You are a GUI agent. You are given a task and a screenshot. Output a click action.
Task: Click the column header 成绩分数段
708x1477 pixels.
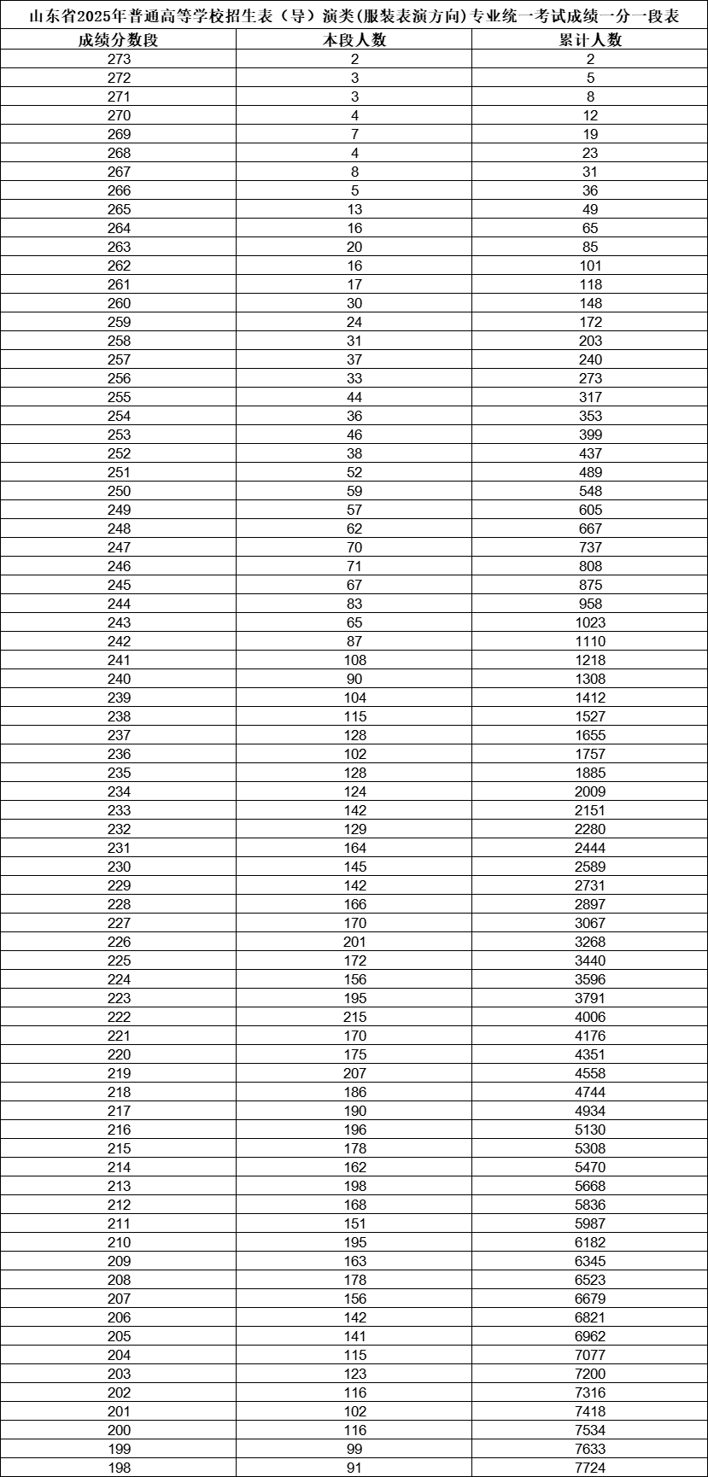click(x=119, y=40)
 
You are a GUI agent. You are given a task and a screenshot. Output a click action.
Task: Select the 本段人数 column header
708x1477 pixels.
click(x=354, y=40)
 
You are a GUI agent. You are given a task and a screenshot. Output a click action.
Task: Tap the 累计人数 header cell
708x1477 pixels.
click(x=590, y=40)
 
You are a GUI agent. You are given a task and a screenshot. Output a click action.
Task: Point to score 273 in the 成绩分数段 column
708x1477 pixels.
click(x=120, y=59)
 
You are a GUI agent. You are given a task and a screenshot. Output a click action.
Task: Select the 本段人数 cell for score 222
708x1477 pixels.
click(x=354, y=1017)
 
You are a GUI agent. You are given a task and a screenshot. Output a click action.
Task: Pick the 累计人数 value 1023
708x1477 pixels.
click(x=590, y=622)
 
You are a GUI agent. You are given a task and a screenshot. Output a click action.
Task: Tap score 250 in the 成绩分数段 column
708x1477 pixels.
click(x=120, y=491)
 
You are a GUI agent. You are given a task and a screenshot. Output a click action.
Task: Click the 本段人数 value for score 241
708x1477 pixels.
click(x=354, y=660)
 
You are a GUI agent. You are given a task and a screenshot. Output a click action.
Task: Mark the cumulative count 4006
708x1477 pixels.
click(x=590, y=1017)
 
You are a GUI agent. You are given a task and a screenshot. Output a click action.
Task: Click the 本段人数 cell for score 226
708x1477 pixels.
click(x=354, y=942)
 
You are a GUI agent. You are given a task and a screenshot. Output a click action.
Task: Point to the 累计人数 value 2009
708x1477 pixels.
click(x=590, y=791)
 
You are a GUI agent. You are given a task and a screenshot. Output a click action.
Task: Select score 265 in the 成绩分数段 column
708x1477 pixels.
click(x=120, y=209)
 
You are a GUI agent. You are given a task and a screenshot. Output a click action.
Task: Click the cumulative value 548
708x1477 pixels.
click(x=590, y=491)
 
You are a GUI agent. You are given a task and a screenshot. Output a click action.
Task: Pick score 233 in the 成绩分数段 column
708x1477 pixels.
click(x=120, y=810)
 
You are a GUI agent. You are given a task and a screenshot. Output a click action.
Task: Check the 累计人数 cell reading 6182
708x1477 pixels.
click(x=590, y=1242)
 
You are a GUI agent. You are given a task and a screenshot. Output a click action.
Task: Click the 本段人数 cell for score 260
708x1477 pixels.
click(x=354, y=303)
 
